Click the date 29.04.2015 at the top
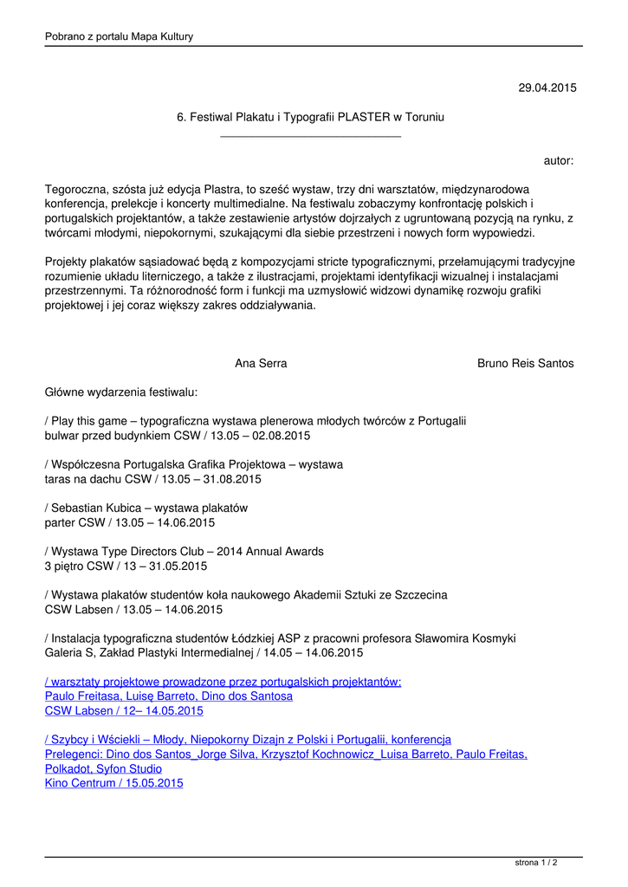pyautogui.click(x=547, y=87)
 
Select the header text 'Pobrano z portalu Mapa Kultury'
pyautogui.click(x=119, y=36)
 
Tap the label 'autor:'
pyautogui.click(x=559, y=161)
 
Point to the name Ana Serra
pyautogui.click(x=261, y=364)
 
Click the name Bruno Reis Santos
pyautogui.click(x=525, y=364)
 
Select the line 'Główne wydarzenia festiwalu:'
pyautogui.click(x=121, y=392)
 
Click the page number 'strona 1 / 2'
pyautogui.click(x=536, y=863)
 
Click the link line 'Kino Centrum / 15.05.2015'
pyautogui.click(x=113, y=783)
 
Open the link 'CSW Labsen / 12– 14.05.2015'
pyautogui.click(x=124, y=711)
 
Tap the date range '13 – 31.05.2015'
pyautogui.click(x=165, y=567)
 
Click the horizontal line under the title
pyautogui.click(x=310, y=136)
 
